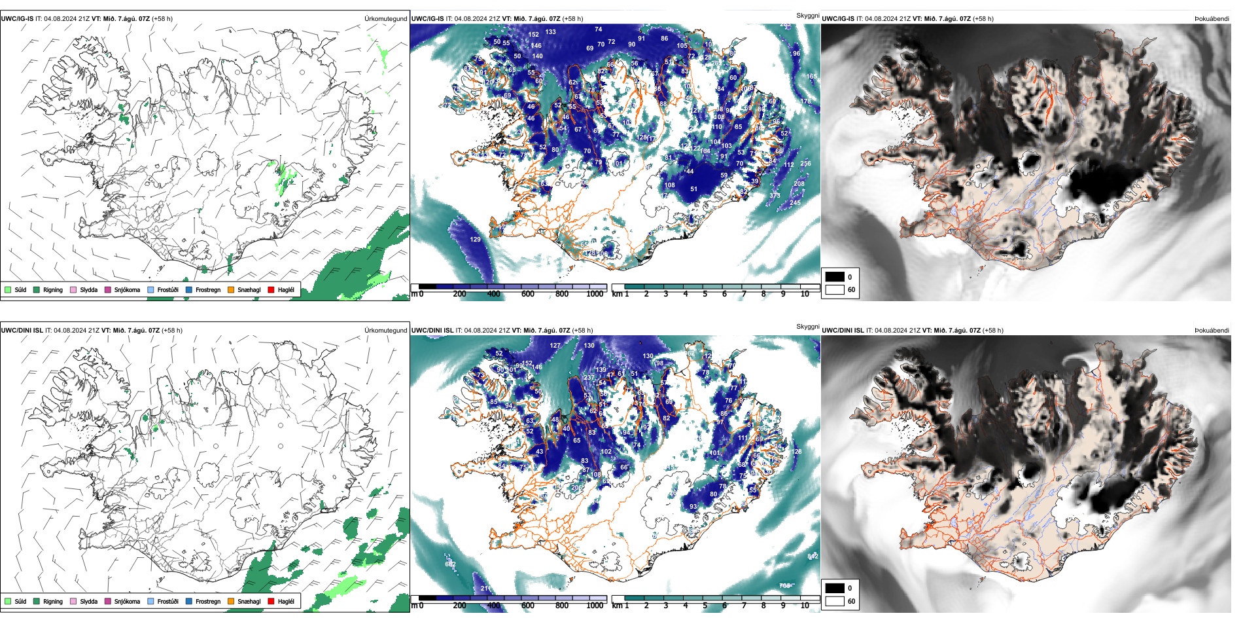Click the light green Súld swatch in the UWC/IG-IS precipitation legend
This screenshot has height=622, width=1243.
click(8, 289)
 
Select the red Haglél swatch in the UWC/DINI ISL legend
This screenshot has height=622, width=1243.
click(271, 601)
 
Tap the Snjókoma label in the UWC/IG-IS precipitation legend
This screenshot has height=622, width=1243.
click(127, 289)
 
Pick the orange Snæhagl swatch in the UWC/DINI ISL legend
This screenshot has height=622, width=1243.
click(231, 601)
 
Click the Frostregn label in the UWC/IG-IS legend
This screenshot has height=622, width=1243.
click(208, 289)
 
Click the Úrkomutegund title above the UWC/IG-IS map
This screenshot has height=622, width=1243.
click(385, 19)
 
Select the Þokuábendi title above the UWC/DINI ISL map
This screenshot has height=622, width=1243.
click(1212, 331)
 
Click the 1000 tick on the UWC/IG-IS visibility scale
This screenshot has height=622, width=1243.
click(595, 294)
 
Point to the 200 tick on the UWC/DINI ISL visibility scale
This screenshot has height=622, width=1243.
click(459, 606)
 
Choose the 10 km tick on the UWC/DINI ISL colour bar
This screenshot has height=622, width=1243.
click(805, 606)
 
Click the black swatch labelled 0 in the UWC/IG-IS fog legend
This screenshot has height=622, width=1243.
click(835, 277)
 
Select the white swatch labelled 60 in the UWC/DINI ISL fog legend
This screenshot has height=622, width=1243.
click(835, 601)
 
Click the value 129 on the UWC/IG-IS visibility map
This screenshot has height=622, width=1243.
click(475, 240)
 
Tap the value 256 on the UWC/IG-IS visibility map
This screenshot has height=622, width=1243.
click(805, 164)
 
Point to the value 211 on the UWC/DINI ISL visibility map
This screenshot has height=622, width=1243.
click(486, 589)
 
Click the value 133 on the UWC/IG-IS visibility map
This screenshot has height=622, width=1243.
click(551, 32)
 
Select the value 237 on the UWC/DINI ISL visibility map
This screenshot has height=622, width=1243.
click(589, 378)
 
